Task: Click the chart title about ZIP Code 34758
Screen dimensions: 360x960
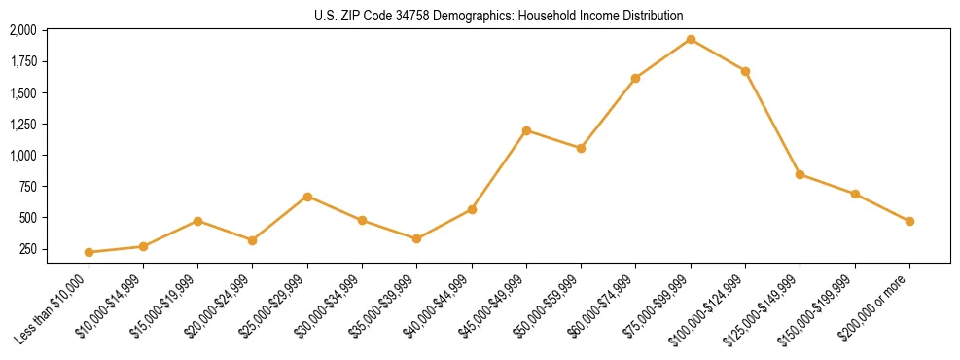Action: tap(499, 16)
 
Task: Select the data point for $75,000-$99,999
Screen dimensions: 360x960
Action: tap(691, 39)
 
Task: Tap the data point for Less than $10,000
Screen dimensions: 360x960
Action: tap(89, 252)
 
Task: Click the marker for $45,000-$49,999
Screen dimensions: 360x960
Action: tap(526, 130)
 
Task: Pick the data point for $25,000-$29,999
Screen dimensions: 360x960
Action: tap(307, 197)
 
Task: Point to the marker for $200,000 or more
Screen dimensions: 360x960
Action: tap(909, 221)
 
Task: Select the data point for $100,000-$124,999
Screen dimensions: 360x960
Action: tap(745, 71)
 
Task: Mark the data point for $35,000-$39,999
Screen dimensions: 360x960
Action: tap(417, 238)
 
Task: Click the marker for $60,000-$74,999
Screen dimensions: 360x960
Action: tap(635, 78)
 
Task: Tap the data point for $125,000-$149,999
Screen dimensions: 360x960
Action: tap(800, 174)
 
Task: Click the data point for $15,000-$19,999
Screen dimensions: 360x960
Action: tap(197, 221)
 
